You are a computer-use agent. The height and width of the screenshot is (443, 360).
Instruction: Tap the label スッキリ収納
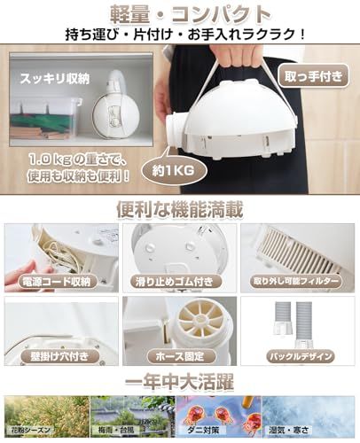pos(54,79)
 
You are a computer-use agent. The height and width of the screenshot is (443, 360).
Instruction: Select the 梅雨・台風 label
pos(116,431)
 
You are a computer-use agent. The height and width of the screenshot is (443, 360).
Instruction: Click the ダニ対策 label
pos(206,431)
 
